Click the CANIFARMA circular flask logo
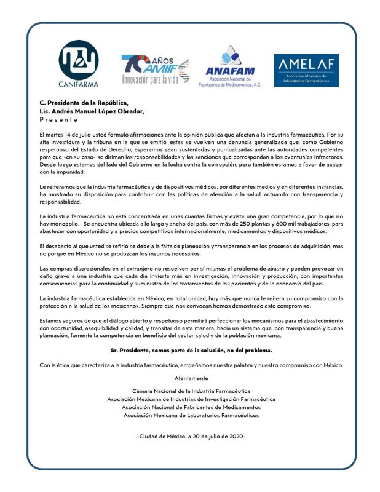[79, 58]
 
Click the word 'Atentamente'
[190, 378]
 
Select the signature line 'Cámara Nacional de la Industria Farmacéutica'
[191, 391]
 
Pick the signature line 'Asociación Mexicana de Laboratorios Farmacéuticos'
[191, 415]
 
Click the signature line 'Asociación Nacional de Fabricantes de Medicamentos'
[191, 407]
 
